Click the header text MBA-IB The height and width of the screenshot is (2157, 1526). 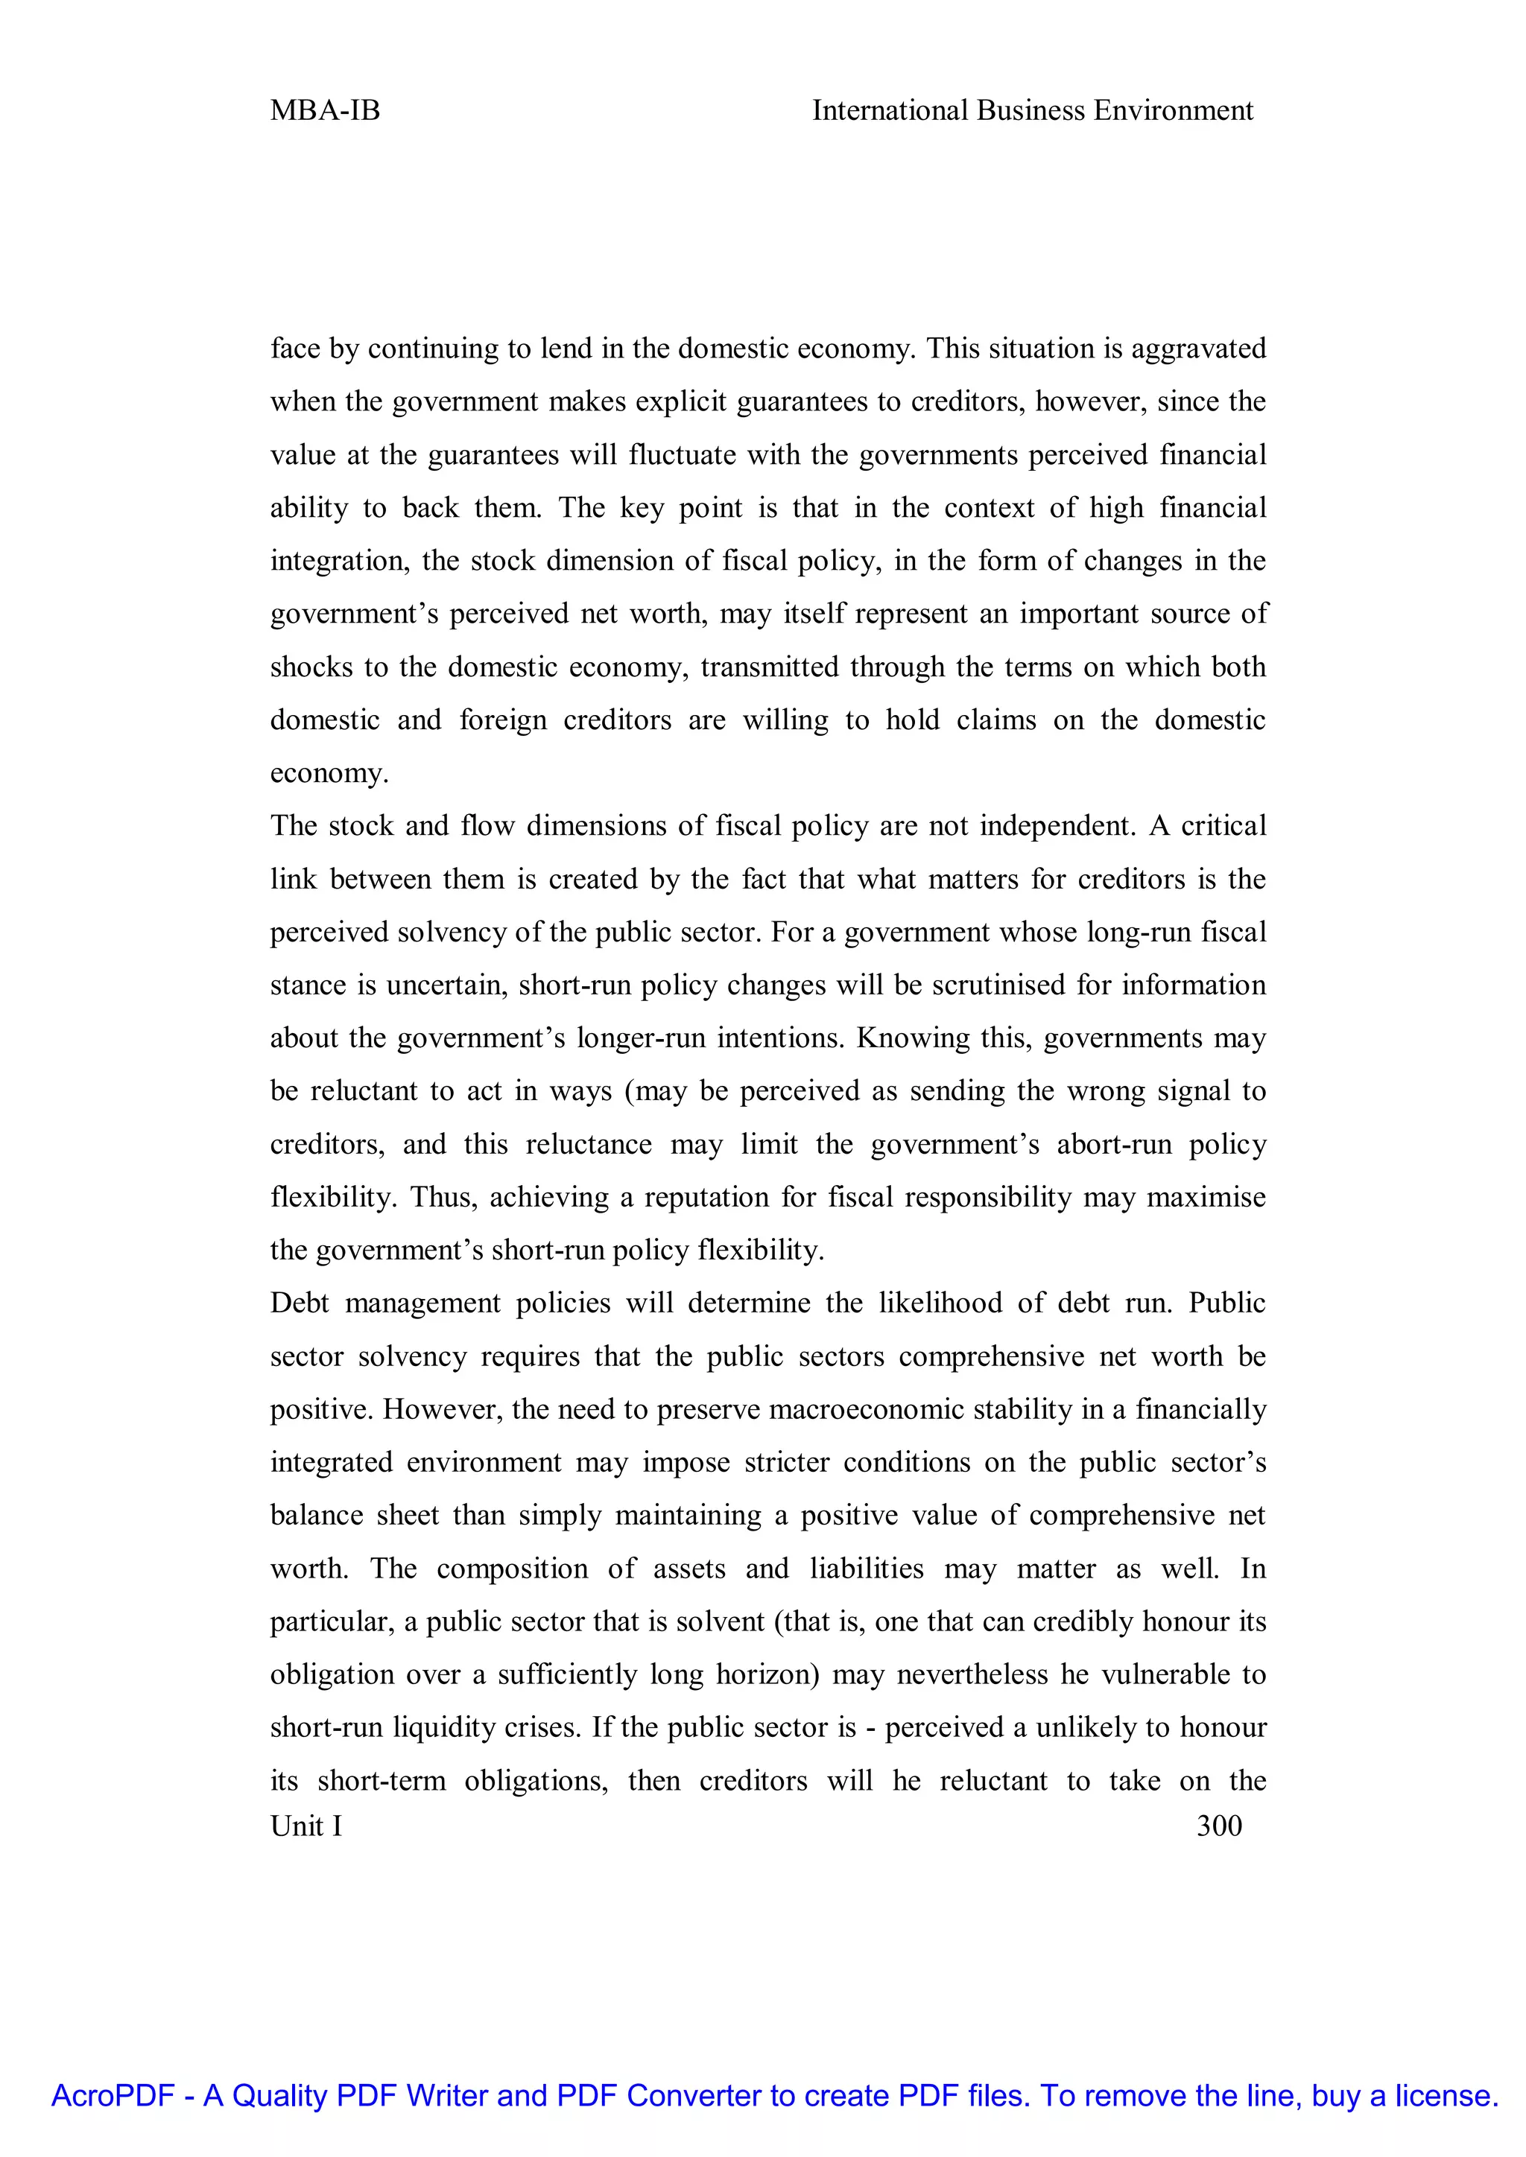[x=325, y=111]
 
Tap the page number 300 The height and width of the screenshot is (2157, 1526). [x=1219, y=1826]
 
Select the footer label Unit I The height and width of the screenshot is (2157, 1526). [x=306, y=1826]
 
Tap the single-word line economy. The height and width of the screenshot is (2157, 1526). [x=329, y=774]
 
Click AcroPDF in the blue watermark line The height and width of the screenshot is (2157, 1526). [x=113, y=2096]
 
